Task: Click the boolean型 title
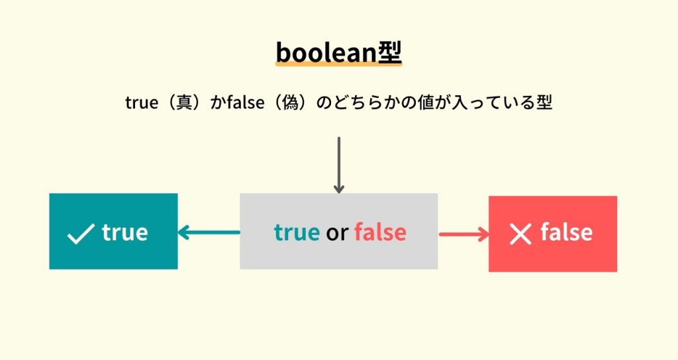(x=338, y=52)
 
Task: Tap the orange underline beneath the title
(x=338, y=65)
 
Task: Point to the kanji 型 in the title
(x=389, y=52)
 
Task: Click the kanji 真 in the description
(x=177, y=103)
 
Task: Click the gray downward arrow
(x=339, y=165)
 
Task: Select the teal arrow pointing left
(x=209, y=232)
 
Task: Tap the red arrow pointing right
(x=463, y=234)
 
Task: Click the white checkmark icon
(x=81, y=234)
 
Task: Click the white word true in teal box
(x=124, y=232)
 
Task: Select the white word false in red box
(x=566, y=232)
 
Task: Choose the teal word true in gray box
(x=297, y=232)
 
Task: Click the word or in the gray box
(x=336, y=232)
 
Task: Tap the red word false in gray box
(x=380, y=232)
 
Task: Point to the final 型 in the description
(x=544, y=103)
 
